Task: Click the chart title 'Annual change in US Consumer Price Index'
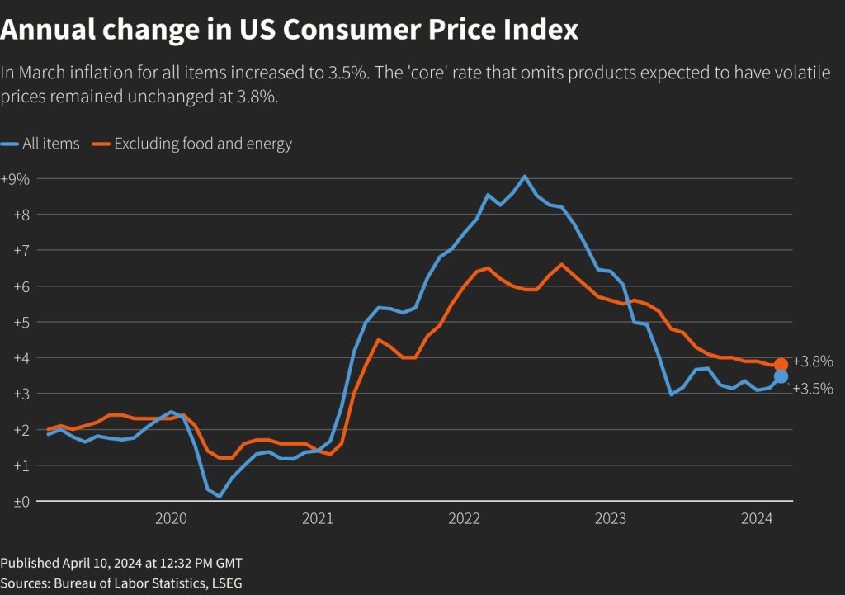coord(289,31)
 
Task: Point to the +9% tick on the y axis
coord(16,178)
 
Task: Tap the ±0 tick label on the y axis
coord(12,501)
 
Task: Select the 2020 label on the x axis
coord(171,518)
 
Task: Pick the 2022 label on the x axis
coord(464,518)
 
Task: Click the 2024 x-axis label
coord(757,518)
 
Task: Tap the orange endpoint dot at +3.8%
coord(781,364)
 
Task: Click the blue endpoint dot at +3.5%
coord(781,376)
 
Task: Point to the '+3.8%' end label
coord(812,361)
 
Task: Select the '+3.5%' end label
coord(812,389)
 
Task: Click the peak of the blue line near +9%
coord(525,176)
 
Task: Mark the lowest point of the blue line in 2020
coord(220,497)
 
